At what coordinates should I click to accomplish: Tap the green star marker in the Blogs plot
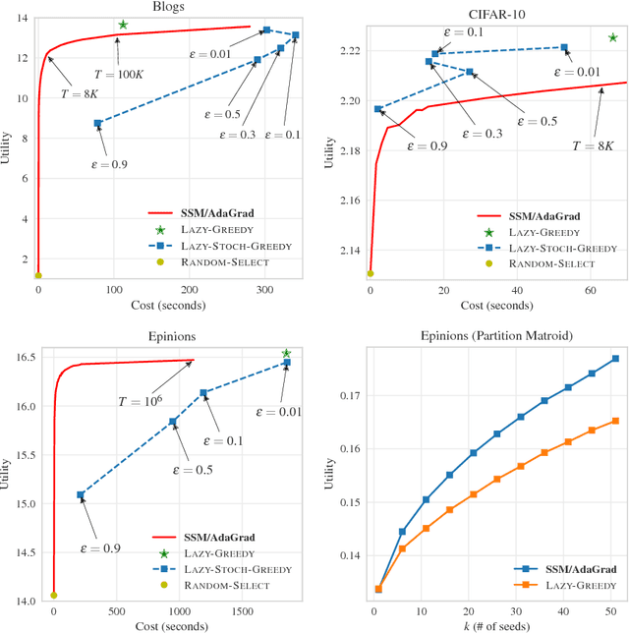(123, 25)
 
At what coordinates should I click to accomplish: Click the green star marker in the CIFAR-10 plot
(612, 37)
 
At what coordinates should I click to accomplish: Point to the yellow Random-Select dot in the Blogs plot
(38, 276)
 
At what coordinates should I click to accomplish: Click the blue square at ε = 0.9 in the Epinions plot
(81, 495)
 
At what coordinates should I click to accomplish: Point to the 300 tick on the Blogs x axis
(266, 292)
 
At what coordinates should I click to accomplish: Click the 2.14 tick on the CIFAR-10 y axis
(350, 252)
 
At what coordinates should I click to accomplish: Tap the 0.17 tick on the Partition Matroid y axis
(350, 395)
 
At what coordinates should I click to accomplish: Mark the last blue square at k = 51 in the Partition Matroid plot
(615, 359)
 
